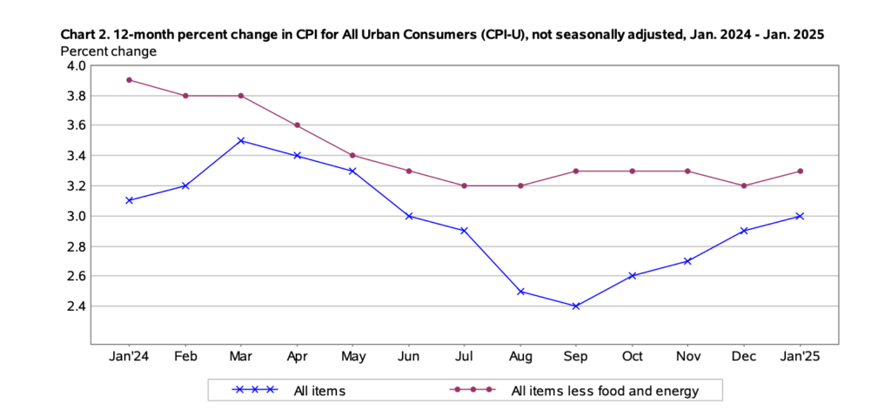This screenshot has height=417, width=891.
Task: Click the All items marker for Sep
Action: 576,306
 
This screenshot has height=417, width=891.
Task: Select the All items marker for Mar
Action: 241,140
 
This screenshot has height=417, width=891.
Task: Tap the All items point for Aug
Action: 520,291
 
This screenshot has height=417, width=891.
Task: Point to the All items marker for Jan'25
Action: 800,216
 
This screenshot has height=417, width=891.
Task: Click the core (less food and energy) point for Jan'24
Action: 129,80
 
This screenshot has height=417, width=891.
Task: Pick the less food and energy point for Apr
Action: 297,125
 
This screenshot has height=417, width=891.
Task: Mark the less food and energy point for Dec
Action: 744,185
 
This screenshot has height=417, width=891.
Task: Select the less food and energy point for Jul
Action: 465,185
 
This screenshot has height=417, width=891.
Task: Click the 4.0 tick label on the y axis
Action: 75,65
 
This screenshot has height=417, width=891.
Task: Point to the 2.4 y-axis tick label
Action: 75,306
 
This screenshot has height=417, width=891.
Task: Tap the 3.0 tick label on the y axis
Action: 75,216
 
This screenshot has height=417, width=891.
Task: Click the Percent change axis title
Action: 108,50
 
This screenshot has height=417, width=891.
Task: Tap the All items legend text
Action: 319,391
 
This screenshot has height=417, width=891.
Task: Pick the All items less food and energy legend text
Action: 605,391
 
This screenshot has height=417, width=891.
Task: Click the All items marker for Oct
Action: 632,276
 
